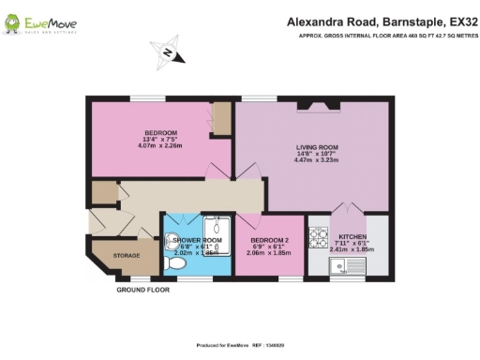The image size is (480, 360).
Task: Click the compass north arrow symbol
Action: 167,53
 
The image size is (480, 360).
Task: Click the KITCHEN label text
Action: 352,236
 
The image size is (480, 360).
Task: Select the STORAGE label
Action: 126,256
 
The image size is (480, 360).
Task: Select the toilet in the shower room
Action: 172,265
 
